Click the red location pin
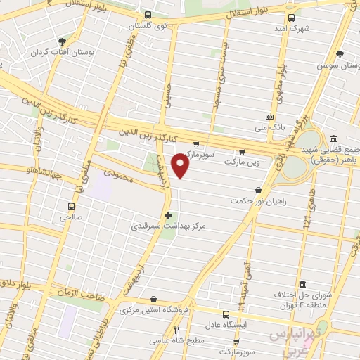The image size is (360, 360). point(181,166)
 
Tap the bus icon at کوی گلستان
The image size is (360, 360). point(147,15)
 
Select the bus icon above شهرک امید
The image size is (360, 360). point(290,19)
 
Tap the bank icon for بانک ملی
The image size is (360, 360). point(269,117)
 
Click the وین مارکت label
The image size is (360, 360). point(242,161)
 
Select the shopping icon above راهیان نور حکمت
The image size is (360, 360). point(259,190)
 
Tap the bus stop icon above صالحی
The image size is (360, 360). point(70,206)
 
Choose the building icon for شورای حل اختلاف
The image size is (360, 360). point(303,283)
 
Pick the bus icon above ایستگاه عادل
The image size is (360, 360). point(226,314)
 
